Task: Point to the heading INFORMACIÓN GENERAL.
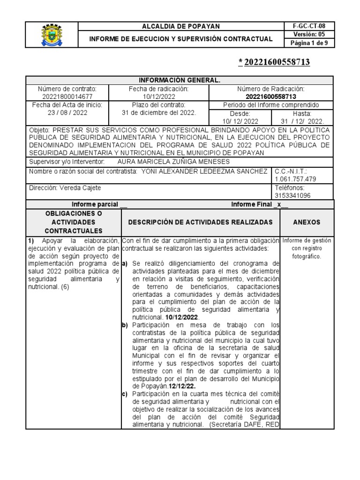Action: pyautogui.click(x=180, y=81)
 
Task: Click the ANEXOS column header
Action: pyautogui.click(x=307, y=222)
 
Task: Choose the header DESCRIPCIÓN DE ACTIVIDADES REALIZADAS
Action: pyautogui.click(x=200, y=222)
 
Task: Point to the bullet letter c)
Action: pyautogui.click(x=125, y=394)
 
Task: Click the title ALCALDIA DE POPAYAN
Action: pyautogui.click(x=180, y=26)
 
